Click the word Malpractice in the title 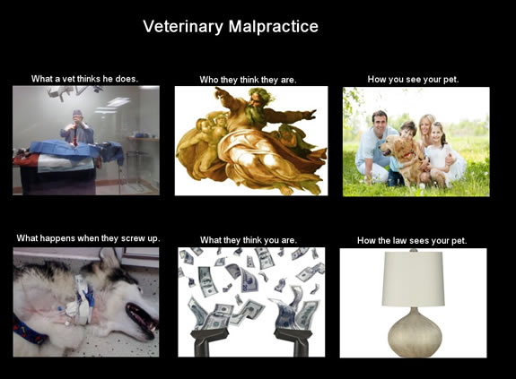tap(274, 26)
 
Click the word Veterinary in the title tap(183, 27)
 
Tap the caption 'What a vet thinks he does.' tap(84, 79)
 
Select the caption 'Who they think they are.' tap(248, 80)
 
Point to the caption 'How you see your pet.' tap(413, 80)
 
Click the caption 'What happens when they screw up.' tap(88, 238)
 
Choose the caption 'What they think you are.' tap(249, 240)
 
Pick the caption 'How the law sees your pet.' tap(412, 241)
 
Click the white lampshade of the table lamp tap(413, 279)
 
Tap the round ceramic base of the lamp tap(415, 332)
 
